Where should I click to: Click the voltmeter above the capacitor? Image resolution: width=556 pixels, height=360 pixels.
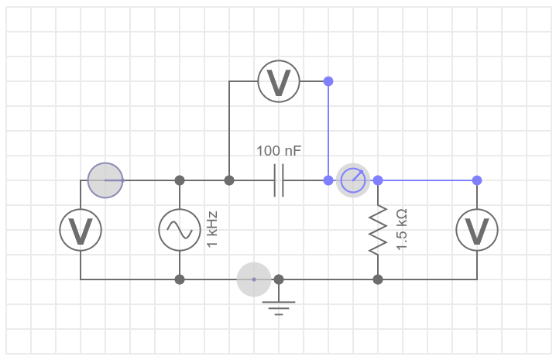279,81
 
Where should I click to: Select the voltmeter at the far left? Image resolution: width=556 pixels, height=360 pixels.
81,230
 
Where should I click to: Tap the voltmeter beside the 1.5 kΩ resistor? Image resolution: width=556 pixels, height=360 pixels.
476,230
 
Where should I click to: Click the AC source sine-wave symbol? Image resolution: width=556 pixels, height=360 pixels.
180,230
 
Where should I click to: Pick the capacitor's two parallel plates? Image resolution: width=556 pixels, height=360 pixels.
279,180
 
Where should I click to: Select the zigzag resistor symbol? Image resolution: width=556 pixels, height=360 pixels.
378,230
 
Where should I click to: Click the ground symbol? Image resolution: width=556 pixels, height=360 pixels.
279,307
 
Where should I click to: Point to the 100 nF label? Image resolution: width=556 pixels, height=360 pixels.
279,150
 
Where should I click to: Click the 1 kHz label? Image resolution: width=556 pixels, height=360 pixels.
212,230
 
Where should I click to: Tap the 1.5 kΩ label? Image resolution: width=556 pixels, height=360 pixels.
401,230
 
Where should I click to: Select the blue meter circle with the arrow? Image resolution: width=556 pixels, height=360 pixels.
353,180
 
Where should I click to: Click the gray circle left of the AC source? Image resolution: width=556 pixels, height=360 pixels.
105,180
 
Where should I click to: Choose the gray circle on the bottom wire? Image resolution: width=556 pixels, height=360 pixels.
254,279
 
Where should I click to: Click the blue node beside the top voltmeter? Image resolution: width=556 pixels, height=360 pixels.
328,81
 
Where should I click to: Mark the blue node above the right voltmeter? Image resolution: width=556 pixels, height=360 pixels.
477,180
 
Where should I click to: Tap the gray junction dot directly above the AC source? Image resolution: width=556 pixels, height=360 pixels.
180,180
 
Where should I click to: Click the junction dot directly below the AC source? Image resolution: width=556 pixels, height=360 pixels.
180,279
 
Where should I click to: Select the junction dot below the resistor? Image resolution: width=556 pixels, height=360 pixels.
378,279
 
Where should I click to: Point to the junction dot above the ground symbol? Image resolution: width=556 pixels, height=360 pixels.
279,279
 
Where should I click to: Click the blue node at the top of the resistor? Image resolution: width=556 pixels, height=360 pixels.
378,180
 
